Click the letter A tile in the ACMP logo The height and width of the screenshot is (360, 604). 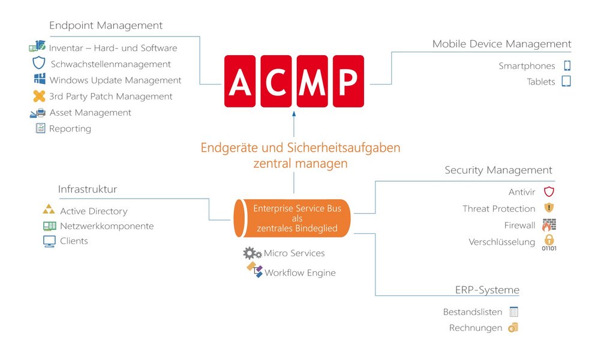point(239,81)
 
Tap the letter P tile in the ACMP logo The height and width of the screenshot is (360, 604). point(348,81)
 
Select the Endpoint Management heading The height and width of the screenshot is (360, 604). point(106,25)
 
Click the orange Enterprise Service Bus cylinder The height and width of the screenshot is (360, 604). point(292,218)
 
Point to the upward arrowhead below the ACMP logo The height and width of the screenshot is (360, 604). point(294,114)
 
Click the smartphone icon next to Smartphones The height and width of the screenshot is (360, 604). point(567,65)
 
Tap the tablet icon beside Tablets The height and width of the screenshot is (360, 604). point(566,82)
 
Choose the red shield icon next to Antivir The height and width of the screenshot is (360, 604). point(549,191)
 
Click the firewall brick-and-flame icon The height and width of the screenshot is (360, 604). point(549,225)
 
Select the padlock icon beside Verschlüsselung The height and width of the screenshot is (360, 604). point(549,242)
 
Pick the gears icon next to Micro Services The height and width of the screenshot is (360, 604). point(253,253)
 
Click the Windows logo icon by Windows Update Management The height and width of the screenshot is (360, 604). point(40,79)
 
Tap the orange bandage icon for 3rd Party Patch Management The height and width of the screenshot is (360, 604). point(40,96)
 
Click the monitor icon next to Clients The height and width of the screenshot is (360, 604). point(49,241)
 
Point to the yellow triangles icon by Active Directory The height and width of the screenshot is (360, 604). point(49,209)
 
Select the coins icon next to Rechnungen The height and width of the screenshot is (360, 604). point(513,328)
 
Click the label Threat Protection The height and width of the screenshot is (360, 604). point(499,209)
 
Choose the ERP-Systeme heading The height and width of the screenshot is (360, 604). point(487,290)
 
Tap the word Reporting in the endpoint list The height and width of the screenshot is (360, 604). point(70,129)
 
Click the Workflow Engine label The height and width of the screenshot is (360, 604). point(300,273)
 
